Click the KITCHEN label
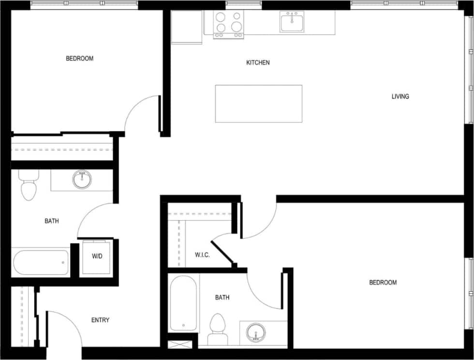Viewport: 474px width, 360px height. coord(258,62)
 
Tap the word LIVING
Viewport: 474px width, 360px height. coord(400,96)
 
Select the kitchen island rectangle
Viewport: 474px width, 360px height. coord(258,104)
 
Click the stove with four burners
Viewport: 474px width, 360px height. coord(228,24)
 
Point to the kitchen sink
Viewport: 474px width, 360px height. coord(292,22)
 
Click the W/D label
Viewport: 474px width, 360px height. coord(97,256)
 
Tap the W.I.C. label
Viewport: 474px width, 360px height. coord(202,255)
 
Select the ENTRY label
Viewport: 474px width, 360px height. coord(100,320)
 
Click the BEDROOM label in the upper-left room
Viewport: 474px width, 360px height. coord(80,59)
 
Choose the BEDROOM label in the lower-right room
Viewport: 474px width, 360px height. coord(383,283)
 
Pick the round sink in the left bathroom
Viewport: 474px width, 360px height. coord(82,180)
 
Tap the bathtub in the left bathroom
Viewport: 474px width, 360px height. coord(41,262)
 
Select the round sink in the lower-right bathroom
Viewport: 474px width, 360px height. coord(255,333)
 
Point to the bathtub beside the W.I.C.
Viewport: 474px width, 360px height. coord(183,303)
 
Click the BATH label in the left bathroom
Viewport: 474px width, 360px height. coord(52,221)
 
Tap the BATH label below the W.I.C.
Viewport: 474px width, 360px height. coord(222,298)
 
